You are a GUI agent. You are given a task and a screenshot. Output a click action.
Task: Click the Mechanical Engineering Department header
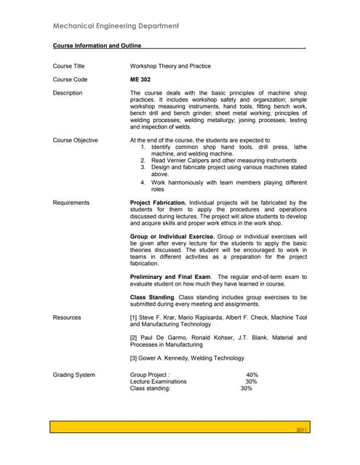click(116, 27)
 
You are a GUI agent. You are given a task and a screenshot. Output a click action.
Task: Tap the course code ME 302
click(140, 79)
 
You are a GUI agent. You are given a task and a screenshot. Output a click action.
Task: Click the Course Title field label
click(69, 66)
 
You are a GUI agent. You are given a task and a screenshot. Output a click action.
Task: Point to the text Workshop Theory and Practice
click(170, 66)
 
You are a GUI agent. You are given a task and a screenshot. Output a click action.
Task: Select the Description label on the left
click(68, 93)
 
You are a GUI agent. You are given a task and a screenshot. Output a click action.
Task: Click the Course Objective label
click(76, 140)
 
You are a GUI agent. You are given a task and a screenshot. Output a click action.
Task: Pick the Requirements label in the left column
click(71, 203)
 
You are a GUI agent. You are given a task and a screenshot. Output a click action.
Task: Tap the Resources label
click(67, 318)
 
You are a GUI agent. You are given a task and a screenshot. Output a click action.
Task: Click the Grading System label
click(74, 374)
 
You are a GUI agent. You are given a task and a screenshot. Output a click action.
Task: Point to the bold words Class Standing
click(152, 297)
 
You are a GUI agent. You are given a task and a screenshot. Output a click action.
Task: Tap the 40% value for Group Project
click(252, 375)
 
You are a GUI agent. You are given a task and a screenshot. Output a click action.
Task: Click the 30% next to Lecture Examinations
click(251, 381)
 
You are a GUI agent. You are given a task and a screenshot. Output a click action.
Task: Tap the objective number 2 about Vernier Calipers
click(143, 161)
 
